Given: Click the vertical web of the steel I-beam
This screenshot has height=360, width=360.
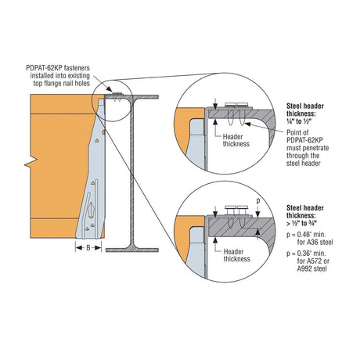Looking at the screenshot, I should [132, 172].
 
